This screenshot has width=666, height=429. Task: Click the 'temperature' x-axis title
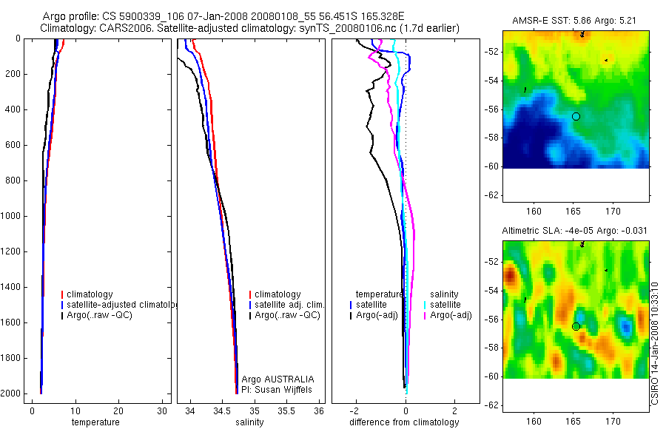(95, 422)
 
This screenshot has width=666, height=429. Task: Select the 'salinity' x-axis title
(250, 422)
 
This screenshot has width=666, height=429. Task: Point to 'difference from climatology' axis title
(404, 422)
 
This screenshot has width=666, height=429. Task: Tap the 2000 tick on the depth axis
(12, 393)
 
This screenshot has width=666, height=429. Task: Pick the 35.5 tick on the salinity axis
(286, 411)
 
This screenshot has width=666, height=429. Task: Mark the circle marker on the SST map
(576, 116)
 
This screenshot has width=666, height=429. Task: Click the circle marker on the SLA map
(576, 326)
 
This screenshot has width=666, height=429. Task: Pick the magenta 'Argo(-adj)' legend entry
(451, 315)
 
